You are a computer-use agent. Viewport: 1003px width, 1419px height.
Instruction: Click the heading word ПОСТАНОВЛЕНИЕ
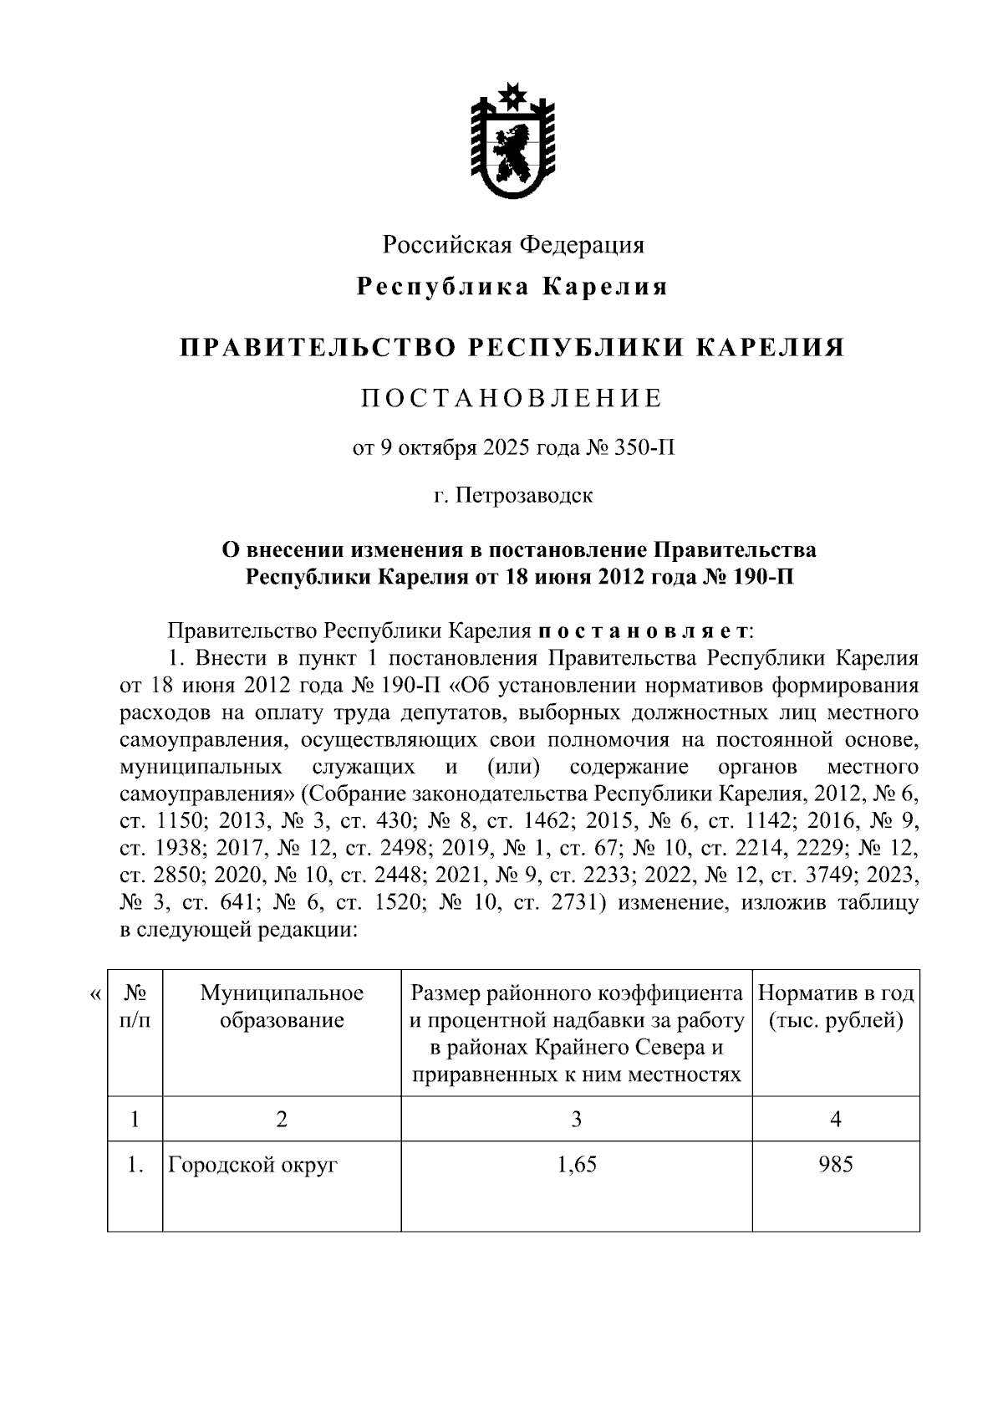[512, 398]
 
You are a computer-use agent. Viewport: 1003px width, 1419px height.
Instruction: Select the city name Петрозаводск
[525, 495]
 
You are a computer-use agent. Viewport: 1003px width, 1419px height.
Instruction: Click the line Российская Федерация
[513, 245]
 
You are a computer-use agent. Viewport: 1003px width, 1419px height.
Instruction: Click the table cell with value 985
[836, 1164]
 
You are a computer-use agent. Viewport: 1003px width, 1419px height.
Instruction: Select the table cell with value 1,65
[576, 1164]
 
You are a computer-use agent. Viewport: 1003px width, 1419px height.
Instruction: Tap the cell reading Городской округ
[252, 1164]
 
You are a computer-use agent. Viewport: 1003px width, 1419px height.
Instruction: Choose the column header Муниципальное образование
[282, 1007]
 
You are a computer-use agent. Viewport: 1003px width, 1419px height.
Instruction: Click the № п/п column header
[135, 1007]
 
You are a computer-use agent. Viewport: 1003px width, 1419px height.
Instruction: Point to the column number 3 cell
[576, 1119]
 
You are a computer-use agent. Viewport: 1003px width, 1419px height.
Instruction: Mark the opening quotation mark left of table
[95, 994]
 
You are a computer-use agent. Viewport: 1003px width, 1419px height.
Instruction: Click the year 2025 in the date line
[505, 449]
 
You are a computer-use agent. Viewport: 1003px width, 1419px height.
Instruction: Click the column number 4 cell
[836, 1119]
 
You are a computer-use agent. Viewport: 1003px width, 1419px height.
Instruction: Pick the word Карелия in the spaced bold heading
[606, 288]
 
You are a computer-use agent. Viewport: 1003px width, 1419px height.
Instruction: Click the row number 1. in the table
[135, 1164]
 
